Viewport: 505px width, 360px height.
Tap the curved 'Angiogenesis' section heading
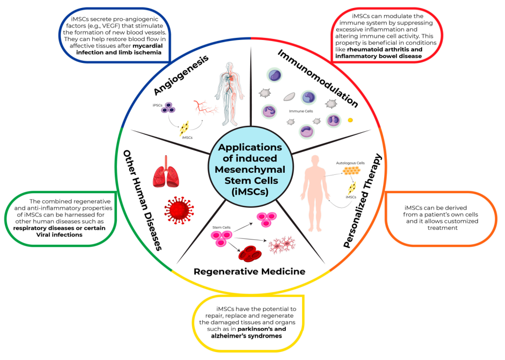pos(181,75)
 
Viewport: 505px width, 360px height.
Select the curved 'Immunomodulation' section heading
pos(318,78)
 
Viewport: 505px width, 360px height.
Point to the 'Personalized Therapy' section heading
pos(362,201)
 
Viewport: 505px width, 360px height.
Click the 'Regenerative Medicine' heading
pos(250,272)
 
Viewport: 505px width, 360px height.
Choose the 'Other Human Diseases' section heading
pos(142,200)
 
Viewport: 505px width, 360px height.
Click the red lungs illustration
pos(166,171)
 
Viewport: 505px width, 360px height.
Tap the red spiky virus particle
pos(179,210)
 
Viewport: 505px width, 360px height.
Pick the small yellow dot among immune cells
pos(350,120)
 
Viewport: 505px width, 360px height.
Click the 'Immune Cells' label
pos(301,111)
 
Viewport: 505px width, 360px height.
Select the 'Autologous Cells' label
pos(351,163)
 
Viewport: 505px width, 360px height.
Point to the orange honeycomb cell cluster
pos(351,171)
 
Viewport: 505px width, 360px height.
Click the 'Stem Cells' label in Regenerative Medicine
pos(221,227)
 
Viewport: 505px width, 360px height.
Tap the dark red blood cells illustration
pos(250,254)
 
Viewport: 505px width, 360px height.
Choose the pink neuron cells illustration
pos(282,244)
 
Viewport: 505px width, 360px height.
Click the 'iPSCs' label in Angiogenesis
pos(157,105)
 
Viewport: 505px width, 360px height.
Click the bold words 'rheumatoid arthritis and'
pos(385,49)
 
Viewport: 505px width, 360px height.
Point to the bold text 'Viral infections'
pos(59,235)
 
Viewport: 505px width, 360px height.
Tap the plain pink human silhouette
pos(315,193)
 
